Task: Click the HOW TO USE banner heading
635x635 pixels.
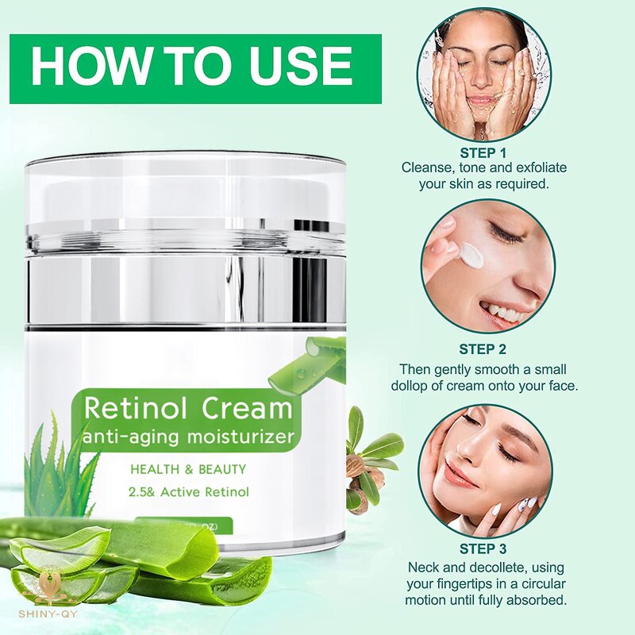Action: (191, 66)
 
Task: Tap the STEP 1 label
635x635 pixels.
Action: (483, 152)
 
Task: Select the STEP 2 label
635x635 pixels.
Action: (483, 348)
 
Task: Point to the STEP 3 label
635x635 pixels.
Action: (483, 548)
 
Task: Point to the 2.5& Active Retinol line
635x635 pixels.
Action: (189, 492)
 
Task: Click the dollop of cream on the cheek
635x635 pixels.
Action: (471, 255)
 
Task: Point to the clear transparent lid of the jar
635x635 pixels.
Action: (186, 198)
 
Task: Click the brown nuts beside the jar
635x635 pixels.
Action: (361, 468)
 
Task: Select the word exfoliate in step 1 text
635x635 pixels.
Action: (519, 167)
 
